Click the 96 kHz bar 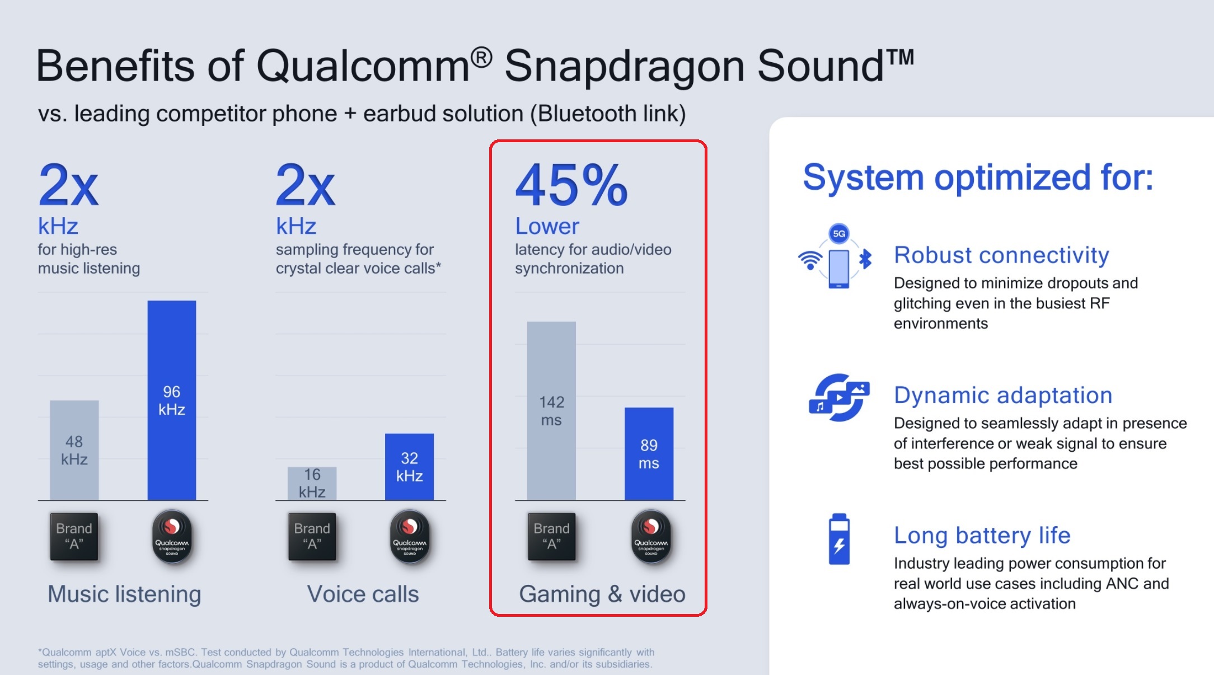(172, 400)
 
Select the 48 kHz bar (74, 450)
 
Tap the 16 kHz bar (312, 483)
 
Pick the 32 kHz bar (409, 467)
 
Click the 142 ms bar (551, 411)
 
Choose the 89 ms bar (649, 454)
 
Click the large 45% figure (571, 185)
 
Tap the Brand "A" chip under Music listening (74, 537)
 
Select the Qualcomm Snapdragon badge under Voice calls (410, 537)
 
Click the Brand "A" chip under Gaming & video (552, 537)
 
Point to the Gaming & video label (602, 594)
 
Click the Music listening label (124, 594)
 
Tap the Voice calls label (363, 594)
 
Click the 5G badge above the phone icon (839, 233)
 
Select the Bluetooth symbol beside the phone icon (866, 259)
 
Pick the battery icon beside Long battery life (839, 539)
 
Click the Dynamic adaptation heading (1003, 395)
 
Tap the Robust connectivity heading (1001, 255)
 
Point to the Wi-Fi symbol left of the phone (810, 260)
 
